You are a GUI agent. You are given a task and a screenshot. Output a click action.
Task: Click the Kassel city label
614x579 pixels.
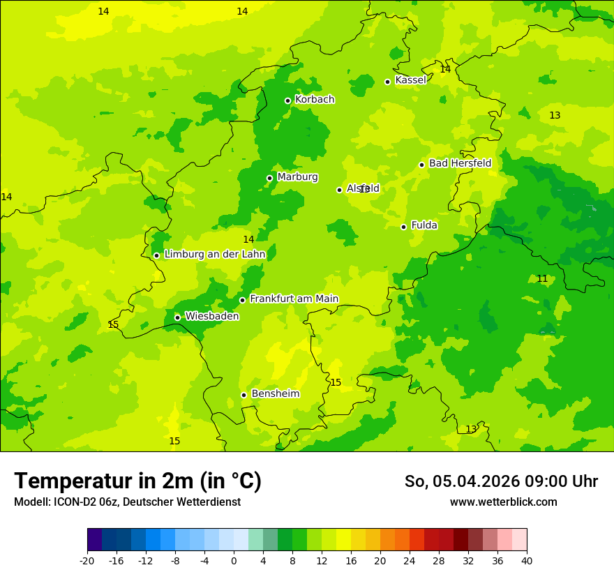410,80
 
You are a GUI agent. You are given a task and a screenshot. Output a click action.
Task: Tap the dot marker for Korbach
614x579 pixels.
287,100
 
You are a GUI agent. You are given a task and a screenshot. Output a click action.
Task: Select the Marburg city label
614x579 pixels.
297,177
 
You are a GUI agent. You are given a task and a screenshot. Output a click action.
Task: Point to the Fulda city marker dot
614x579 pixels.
403,227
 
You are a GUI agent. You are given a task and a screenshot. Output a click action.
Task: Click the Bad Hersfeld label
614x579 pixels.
460,163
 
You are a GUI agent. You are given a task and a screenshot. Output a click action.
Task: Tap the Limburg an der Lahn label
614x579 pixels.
214,255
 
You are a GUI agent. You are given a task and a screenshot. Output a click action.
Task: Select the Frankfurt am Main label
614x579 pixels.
294,299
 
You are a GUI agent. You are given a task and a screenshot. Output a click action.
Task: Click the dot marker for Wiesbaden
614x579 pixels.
177,317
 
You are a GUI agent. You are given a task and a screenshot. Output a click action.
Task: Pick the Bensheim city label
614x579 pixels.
275,394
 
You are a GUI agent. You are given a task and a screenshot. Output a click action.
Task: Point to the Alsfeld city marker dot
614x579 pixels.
339,190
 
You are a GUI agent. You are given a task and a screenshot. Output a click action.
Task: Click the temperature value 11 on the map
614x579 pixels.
542,279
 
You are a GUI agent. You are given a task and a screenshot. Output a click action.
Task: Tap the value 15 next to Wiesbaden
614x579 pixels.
113,325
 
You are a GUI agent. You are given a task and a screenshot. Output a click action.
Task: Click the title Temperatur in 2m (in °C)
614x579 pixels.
137,481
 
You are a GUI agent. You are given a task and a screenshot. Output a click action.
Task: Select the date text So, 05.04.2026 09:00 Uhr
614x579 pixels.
501,481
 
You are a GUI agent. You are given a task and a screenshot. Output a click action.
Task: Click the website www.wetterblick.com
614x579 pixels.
503,502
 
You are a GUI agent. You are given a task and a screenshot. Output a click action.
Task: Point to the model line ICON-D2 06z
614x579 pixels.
127,502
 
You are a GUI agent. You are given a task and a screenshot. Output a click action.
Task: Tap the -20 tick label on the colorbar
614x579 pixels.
87,561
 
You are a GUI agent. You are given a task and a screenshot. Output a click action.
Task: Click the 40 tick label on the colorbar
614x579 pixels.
527,561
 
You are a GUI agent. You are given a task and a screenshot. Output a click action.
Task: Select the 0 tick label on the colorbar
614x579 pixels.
234,561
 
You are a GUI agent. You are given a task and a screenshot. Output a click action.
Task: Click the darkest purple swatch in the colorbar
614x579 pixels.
94,540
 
